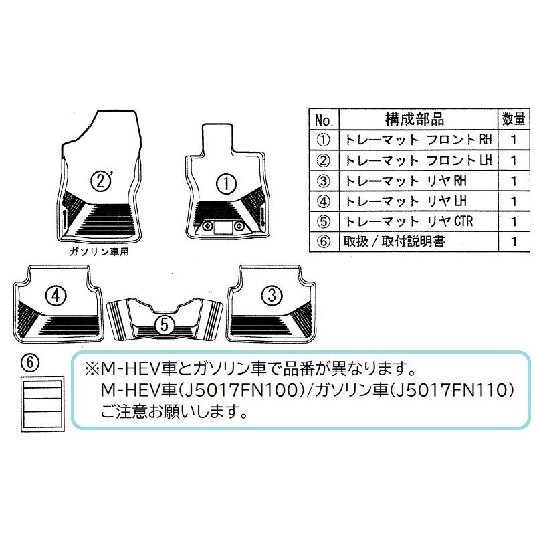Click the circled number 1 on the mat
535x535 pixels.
click(x=227, y=181)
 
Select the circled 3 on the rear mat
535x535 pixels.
click(x=271, y=294)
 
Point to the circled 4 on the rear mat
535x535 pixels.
click(x=56, y=294)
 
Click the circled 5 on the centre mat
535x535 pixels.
click(x=162, y=324)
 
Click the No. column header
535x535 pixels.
click(x=324, y=121)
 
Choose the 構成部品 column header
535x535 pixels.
click(x=415, y=120)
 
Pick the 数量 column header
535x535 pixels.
click(x=512, y=120)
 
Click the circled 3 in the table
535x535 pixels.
click(x=324, y=181)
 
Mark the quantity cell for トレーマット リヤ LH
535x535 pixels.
click(x=512, y=201)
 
